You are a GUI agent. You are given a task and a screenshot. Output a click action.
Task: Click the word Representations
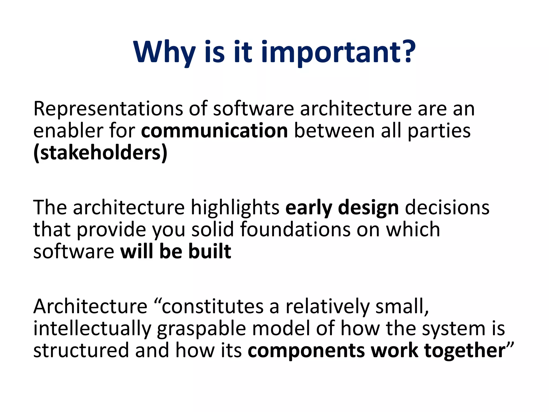point(107,109)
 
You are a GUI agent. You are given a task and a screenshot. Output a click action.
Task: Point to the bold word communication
point(214,131)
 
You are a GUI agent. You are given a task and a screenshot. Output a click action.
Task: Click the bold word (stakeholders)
point(100,153)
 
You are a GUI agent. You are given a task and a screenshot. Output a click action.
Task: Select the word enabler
point(68,131)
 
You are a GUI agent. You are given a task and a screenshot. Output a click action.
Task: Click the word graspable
point(201,329)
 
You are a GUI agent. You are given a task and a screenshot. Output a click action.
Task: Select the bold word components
point(306,351)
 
